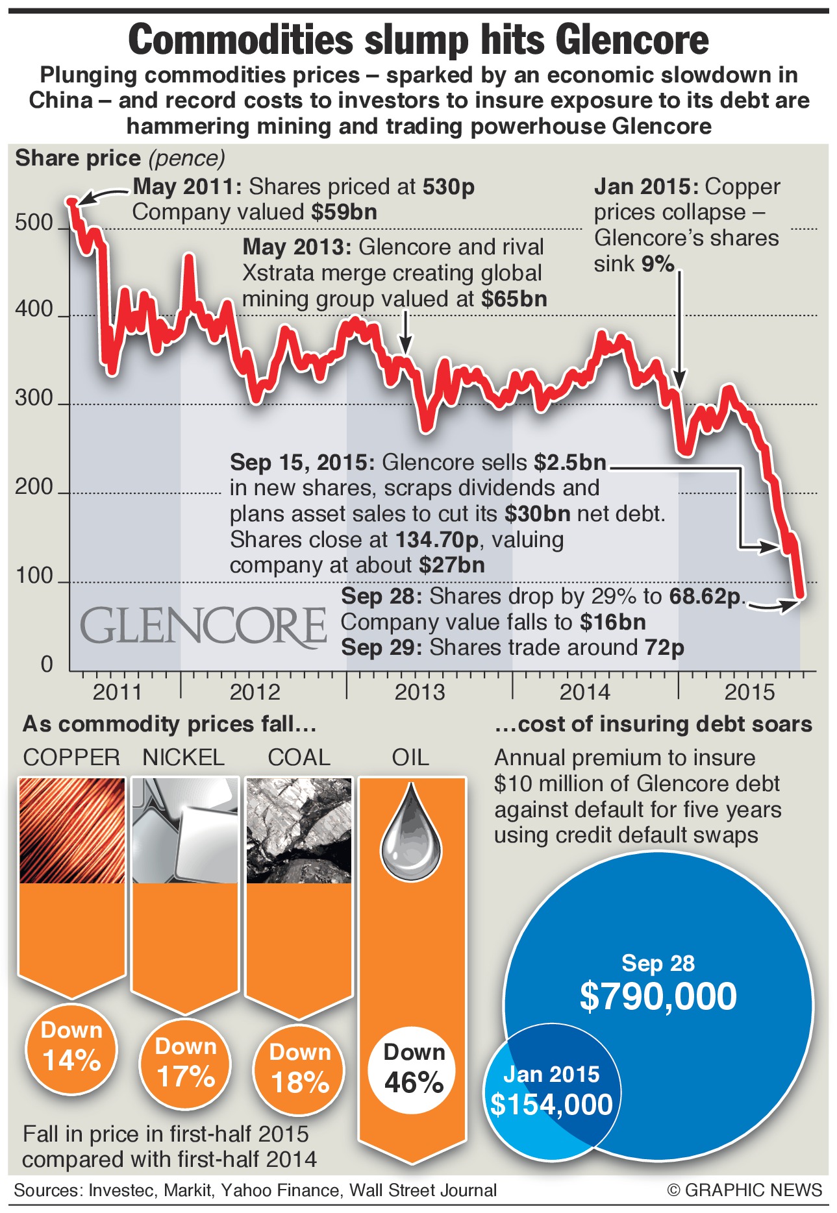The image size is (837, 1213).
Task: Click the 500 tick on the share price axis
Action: pyautogui.click(x=34, y=223)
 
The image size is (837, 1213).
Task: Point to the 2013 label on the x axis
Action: pyautogui.click(x=419, y=692)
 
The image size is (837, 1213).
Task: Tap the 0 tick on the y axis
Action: pyautogui.click(x=47, y=664)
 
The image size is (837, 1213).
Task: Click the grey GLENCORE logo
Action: pyautogui.click(x=203, y=626)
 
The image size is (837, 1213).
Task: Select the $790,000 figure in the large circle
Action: pyautogui.click(x=658, y=996)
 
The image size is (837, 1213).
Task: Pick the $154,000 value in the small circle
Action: pyautogui.click(x=551, y=1105)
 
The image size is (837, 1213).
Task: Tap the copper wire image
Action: pyautogui.click(x=72, y=830)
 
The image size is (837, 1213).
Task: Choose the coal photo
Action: pyautogui.click(x=299, y=830)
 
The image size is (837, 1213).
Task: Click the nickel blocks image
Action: pyautogui.click(x=185, y=830)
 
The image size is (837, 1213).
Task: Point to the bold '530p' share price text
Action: pyautogui.click(x=449, y=187)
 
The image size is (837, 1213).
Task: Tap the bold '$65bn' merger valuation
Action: pyautogui.click(x=514, y=299)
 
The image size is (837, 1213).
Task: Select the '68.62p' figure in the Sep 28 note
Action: pyautogui.click(x=705, y=596)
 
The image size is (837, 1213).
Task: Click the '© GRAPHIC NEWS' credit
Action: pyautogui.click(x=744, y=1190)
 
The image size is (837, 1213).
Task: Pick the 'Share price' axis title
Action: pyautogui.click(x=78, y=158)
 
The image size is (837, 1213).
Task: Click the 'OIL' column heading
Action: pyautogui.click(x=410, y=757)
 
